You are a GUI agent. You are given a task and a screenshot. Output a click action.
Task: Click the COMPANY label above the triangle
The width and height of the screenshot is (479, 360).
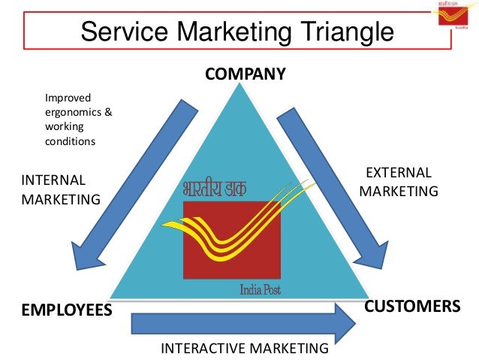click(x=246, y=74)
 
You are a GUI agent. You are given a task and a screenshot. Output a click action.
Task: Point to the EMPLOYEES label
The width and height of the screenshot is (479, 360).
click(x=66, y=310)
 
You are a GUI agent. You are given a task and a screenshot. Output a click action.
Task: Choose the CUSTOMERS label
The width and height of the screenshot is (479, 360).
click(x=411, y=307)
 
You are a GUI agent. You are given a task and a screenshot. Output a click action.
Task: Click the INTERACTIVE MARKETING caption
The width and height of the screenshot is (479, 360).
click(x=245, y=348)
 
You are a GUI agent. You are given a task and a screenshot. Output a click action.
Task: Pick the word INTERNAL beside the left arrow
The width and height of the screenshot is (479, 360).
click(x=53, y=180)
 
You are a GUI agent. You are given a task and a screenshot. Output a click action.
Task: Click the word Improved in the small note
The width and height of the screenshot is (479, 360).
click(x=68, y=98)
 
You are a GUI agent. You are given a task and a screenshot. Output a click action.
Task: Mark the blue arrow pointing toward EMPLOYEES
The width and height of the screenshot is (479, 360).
click(x=128, y=188)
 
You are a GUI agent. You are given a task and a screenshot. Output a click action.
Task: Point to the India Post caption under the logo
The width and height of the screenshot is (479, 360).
click(x=261, y=289)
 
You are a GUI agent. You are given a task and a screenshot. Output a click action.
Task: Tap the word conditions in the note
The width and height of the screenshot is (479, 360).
click(x=71, y=141)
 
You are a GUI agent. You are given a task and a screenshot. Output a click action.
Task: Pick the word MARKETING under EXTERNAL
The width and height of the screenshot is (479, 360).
click(x=399, y=191)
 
